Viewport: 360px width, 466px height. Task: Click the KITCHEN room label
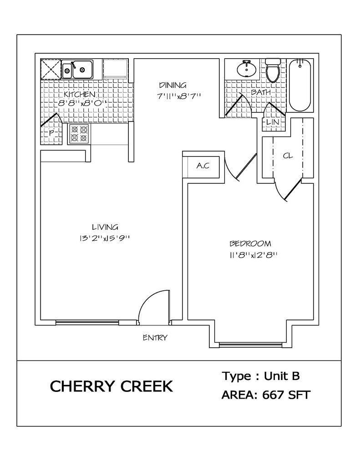click(x=79, y=94)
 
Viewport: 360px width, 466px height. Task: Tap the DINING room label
click(x=172, y=85)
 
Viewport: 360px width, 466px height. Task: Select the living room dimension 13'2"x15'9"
click(x=105, y=238)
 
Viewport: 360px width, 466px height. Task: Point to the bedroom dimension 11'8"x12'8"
click(x=254, y=255)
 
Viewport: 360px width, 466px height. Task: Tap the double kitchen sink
click(x=77, y=69)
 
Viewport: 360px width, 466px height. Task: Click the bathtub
click(x=299, y=85)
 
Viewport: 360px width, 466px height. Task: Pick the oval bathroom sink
click(x=247, y=69)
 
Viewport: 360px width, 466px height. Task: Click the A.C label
click(x=203, y=166)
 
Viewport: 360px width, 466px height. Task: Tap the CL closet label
click(x=288, y=156)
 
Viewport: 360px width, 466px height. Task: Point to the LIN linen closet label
click(x=273, y=122)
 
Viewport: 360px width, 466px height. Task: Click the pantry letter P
click(x=51, y=133)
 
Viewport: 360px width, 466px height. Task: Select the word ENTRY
click(x=155, y=338)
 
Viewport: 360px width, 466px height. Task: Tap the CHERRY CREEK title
click(x=111, y=386)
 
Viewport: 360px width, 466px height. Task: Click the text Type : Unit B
click(x=261, y=376)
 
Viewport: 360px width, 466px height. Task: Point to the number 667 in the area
click(x=274, y=395)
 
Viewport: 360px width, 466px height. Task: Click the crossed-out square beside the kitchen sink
click(x=51, y=69)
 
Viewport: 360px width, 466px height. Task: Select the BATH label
click(x=261, y=92)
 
